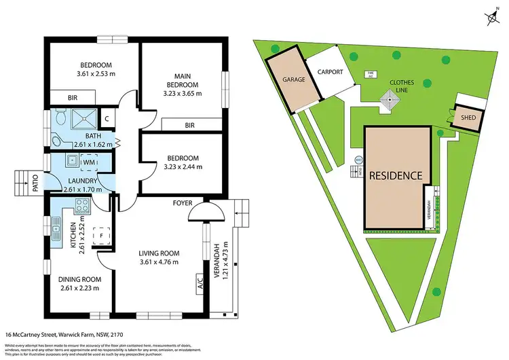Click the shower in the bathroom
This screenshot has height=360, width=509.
point(83,120)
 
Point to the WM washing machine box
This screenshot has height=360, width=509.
point(88,163)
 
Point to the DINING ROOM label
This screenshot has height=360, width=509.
point(79,279)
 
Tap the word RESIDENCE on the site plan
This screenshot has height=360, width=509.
point(396,175)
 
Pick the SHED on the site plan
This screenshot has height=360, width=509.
point(468,117)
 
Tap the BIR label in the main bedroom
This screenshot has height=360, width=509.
point(190,125)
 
